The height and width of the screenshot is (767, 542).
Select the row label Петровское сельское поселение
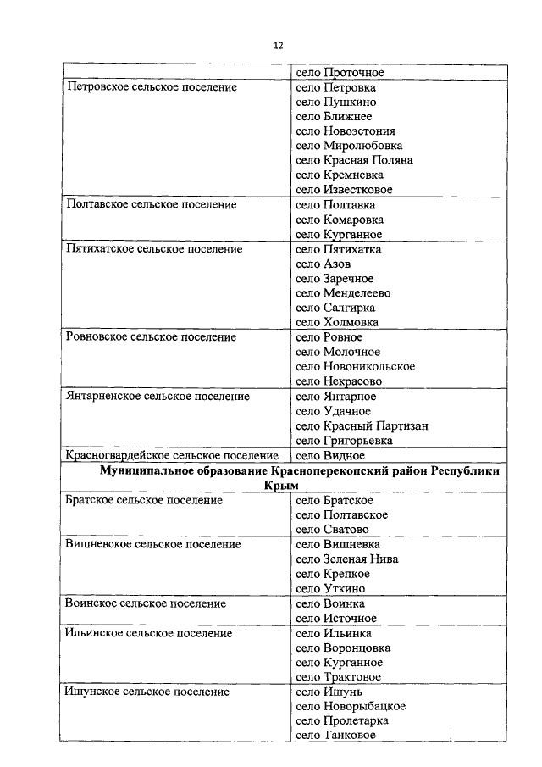pyautogui.click(x=151, y=87)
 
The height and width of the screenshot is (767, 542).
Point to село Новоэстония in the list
pyautogui.click(x=346, y=131)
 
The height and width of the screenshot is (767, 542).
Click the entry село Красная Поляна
pyautogui.click(x=354, y=160)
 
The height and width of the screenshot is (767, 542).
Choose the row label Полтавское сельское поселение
pyautogui.click(x=151, y=205)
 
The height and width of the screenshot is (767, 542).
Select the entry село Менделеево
pyautogui.click(x=343, y=293)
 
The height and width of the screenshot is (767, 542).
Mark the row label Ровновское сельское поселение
pyautogui.click(x=151, y=337)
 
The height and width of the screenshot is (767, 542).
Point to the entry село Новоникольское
pyautogui.click(x=355, y=366)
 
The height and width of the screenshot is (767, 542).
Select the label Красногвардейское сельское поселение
pyautogui.click(x=172, y=455)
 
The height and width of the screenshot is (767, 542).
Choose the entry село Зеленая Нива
pyautogui.click(x=347, y=559)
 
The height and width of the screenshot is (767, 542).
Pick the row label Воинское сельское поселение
pyautogui.click(x=146, y=603)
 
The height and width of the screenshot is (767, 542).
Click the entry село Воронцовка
pyautogui.click(x=343, y=648)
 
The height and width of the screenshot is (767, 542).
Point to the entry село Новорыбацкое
pyautogui.click(x=351, y=706)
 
